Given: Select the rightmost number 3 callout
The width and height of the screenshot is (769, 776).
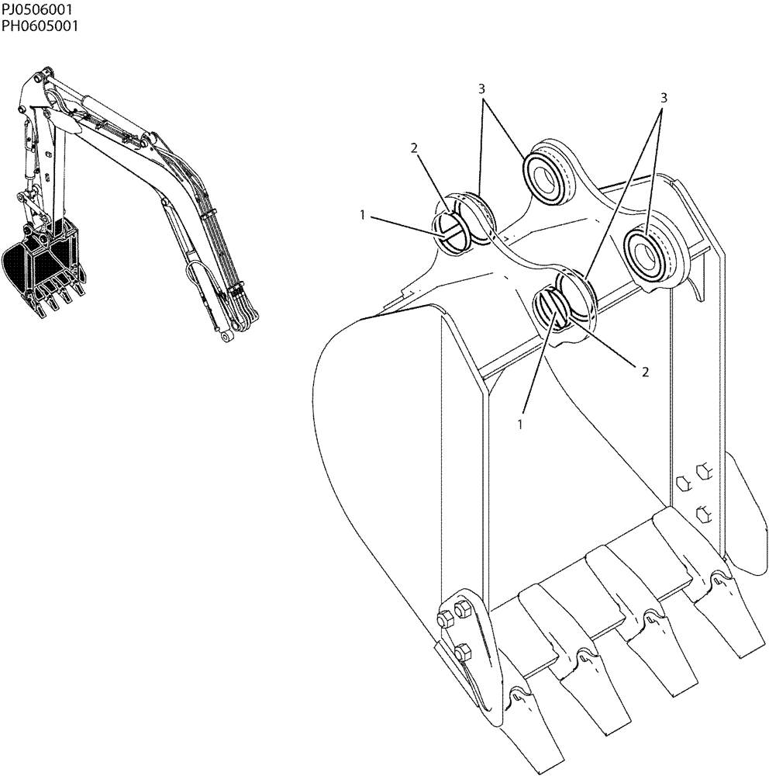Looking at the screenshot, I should [664, 98].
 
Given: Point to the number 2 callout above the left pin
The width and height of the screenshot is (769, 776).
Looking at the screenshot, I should [416, 148].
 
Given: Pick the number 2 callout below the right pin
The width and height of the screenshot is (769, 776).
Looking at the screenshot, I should [644, 372].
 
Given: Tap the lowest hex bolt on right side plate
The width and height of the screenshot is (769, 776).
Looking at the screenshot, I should [704, 513].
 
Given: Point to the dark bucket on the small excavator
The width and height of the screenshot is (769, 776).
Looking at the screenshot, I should [39, 268].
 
